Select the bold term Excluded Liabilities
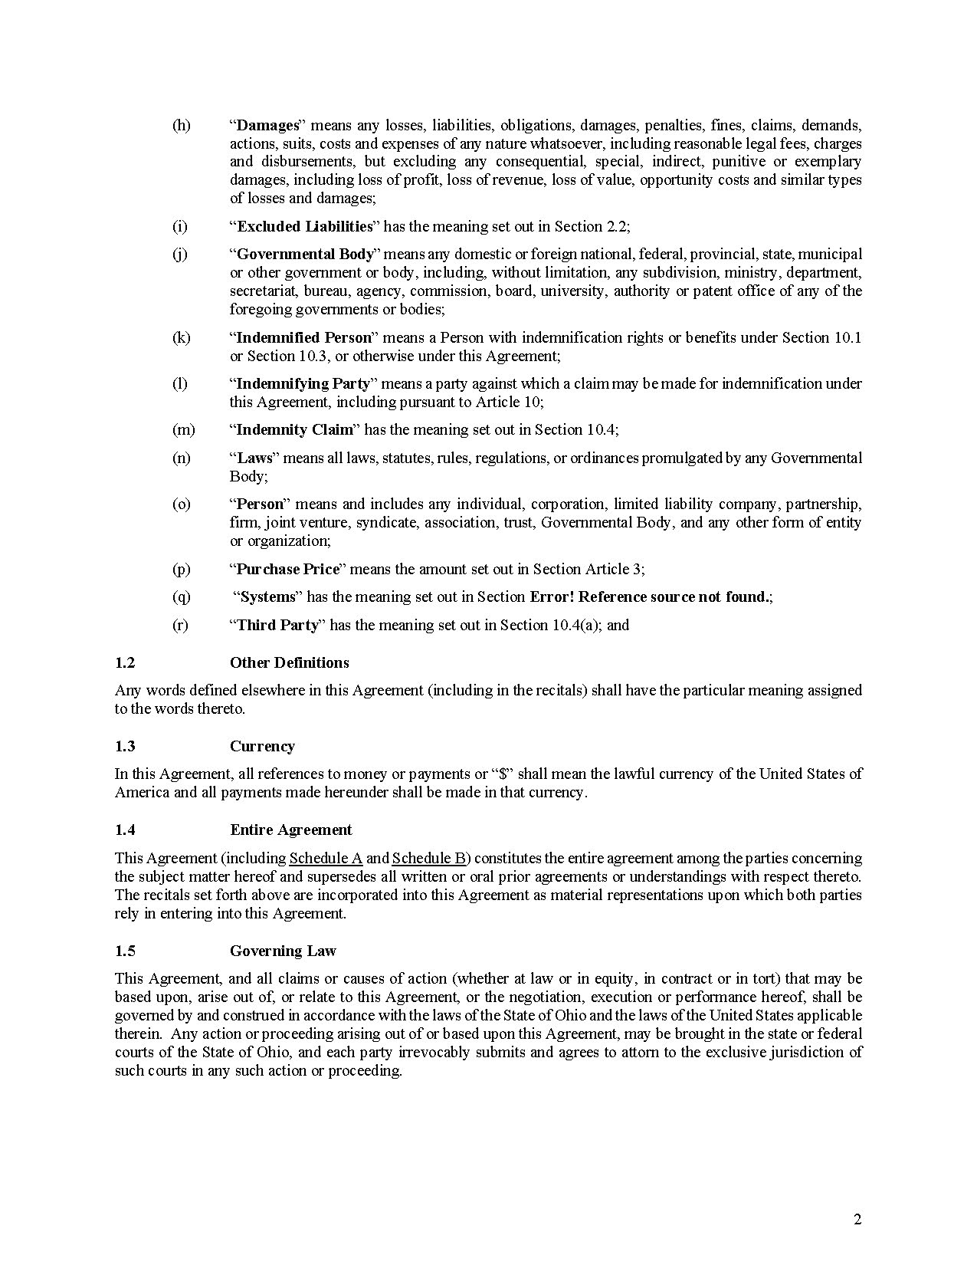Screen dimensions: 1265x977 pyautogui.click(x=304, y=226)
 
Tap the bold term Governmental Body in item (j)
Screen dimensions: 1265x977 pyautogui.click(x=304, y=254)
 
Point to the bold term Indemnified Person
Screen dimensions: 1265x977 pyautogui.click(x=303, y=337)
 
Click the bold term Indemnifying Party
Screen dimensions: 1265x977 pyautogui.click(x=303, y=383)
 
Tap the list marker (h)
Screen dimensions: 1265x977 pyautogui.click(x=181, y=125)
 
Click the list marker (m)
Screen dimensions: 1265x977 pyautogui.click(x=183, y=429)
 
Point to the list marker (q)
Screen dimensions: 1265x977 pyautogui.click(x=181, y=596)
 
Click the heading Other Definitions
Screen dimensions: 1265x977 pyautogui.click(x=289, y=662)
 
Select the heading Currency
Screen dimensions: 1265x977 pyautogui.click(x=262, y=746)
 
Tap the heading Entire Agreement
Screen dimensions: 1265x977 pyautogui.click(x=290, y=830)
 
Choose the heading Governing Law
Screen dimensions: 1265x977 pyautogui.click(x=283, y=951)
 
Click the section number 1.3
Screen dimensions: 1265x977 pyautogui.click(x=125, y=746)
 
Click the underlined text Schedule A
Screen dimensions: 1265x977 pyautogui.click(x=326, y=858)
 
